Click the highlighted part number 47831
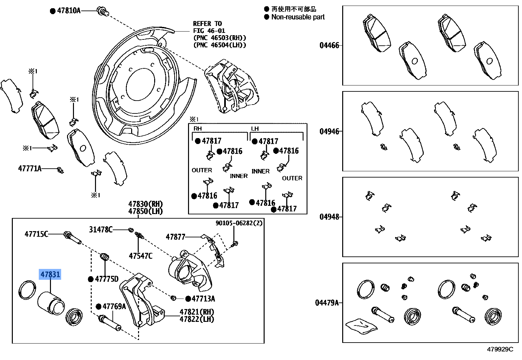point(50,274)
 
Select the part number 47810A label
point(69,11)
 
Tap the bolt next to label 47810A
point(103,12)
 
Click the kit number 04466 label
point(329,45)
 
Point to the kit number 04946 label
point(329,132)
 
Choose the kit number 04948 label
point(329,217)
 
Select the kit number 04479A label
point(327,302)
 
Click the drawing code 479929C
point(500,349)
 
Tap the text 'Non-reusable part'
point(298,17)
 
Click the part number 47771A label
point(30,169)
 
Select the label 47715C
point(36,234)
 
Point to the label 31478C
point(101,229)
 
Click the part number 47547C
point(141,256)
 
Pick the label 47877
point(176,237)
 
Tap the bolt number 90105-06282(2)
point(239,223)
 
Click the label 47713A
point(203,299)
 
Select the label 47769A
point(114,306)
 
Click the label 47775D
point(107,279)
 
